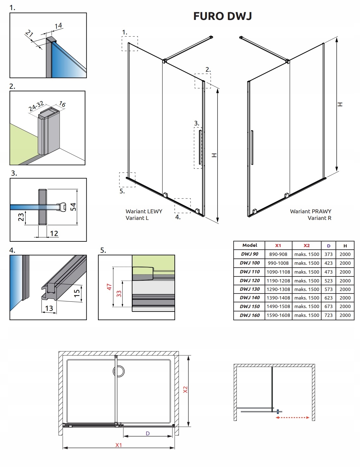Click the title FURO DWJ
click(223, 16)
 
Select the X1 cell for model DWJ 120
click(278, 280)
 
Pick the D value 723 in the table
click(328, 315)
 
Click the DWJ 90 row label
click(249, 254)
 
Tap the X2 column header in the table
click(307, 246)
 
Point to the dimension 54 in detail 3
click(73, 207)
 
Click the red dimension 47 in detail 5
click(109, 287)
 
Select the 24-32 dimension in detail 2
click(36, 106)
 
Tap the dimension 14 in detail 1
click(58, 26)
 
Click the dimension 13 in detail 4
click(49, 308)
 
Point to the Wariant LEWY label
click(144, 211)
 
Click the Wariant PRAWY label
click(311, 211)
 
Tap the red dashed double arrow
click(292, 418)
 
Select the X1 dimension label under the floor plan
click(119, 445)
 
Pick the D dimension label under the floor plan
click(148, 434)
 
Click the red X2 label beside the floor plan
click(186, 390)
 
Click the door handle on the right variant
click(252, 147)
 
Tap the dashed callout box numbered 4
click(183, 205)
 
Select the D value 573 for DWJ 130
click(328, 289)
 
